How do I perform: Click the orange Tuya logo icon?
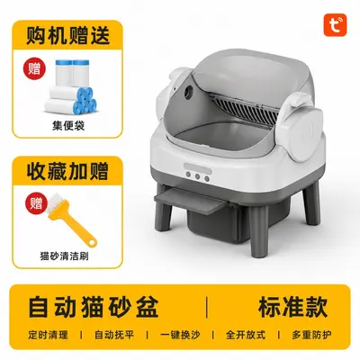point(335,25)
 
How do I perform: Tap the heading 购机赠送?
point(67,35)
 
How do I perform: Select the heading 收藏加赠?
point(67,171)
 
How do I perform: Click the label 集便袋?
point(68,125)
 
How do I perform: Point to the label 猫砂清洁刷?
point(64,256)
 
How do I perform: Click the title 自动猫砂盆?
point(94,307)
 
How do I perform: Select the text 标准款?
point(292,307)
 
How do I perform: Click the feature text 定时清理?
point(49,335)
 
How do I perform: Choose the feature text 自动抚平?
point(114,335)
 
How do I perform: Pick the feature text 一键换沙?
point(180,335)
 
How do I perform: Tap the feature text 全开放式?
point(246,335)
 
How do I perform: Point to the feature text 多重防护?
point(312,335)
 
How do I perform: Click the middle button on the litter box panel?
point(197,176)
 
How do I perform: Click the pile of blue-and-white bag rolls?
point(71,87)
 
